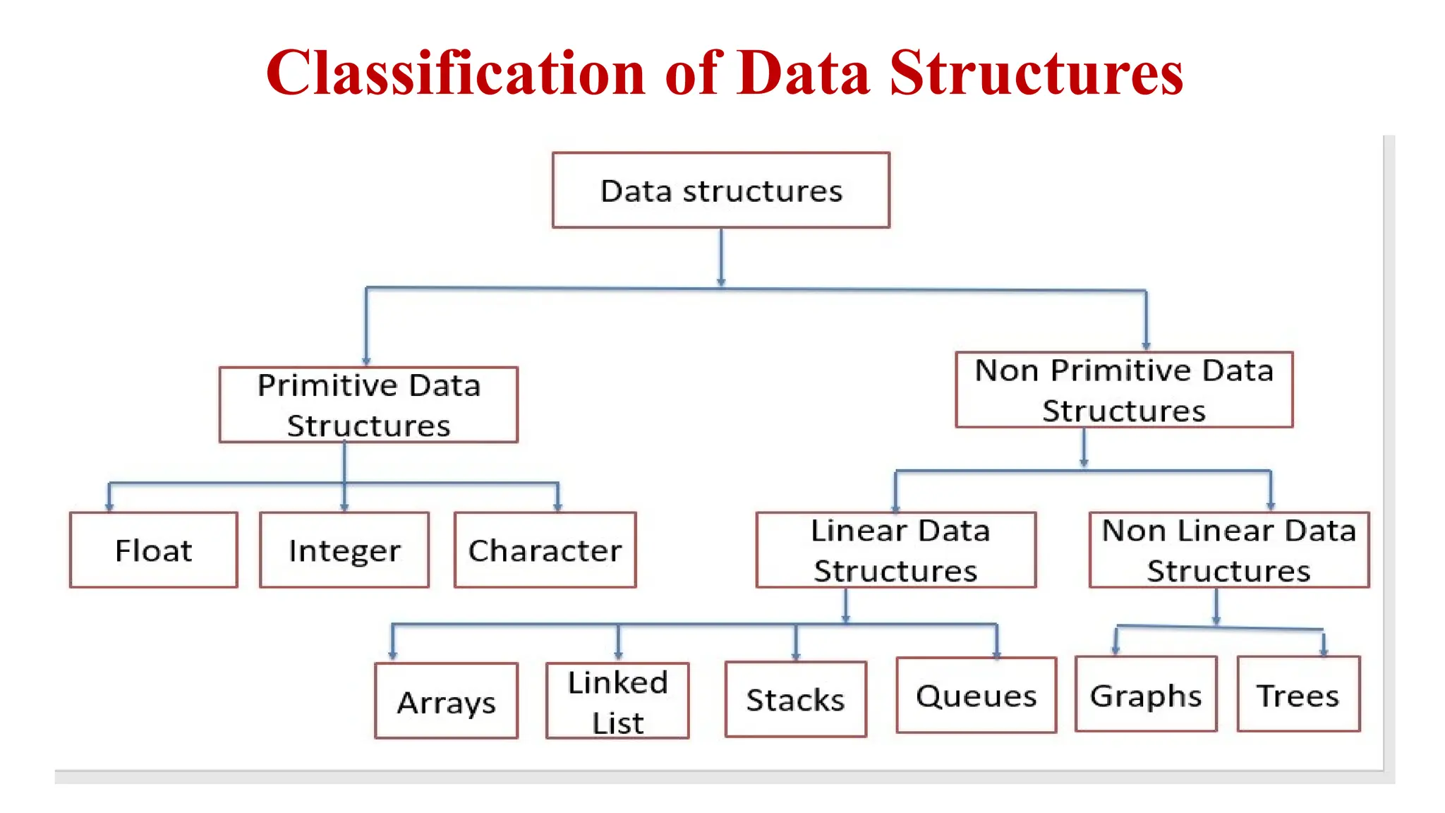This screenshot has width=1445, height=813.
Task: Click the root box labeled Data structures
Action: pyautogui.click(x=720, y=190)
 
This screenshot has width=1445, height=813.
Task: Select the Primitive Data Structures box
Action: pyautogui.click(x=368, y=405)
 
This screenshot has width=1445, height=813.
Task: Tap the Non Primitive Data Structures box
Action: pyautogui.click(x=1124, y=390)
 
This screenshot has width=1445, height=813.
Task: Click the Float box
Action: pyautogui.click(x=153, y=550)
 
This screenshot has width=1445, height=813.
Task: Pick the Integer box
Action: pyautogui.click(x=344, y=550)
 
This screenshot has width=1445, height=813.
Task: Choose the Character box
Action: pyautogui.click(x=545, y=550)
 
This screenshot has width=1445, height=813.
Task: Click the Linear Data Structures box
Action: pyautogui.click(x=895, y=550)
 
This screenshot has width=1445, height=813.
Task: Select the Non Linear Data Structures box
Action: pyautogui.click(x=1228, y=550)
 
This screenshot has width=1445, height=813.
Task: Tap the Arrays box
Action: pyautogui.click(x=446, y=701)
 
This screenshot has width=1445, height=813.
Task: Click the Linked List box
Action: pyautogui.click(x=617, y=701)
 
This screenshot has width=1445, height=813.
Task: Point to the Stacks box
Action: pyautogui.click(x=795, y=699)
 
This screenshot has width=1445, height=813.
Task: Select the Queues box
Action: pyautogui.click(x=976, y=695)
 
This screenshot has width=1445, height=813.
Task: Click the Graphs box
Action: pyautogui.click(x=1146, y=694)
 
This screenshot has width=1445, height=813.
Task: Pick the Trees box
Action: pyautogui.click(x=1298, y=694)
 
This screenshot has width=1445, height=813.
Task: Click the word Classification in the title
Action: pyautogui.click(x=455, y=73)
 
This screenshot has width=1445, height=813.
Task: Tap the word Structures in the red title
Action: pyautogui.click(x=1036, y=73)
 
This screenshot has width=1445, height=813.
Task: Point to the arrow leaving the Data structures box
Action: pyautogui.click(x=720, y=258)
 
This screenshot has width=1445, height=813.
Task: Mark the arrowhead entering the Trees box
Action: pyautogui.click(x=1324, y=651)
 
